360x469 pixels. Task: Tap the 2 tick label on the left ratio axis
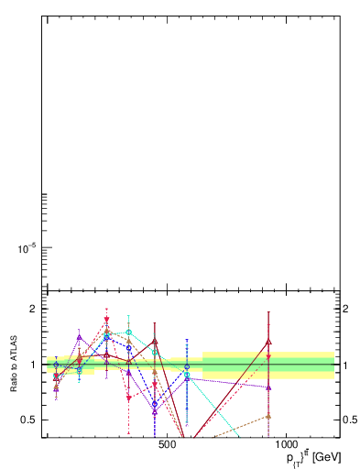32,309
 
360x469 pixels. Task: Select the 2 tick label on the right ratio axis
345,309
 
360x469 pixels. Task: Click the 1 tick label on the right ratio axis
345,365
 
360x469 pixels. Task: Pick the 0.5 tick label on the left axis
28,420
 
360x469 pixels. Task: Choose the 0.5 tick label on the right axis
349,420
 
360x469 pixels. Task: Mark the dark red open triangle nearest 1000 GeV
268,342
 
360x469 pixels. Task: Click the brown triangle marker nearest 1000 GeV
268,416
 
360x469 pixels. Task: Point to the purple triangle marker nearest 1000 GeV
268,387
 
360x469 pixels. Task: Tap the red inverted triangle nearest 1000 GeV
268,357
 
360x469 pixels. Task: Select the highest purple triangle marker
80,337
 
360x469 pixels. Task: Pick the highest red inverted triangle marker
107,319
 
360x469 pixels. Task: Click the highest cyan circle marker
129,332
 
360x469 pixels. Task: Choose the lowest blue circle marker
155,404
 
